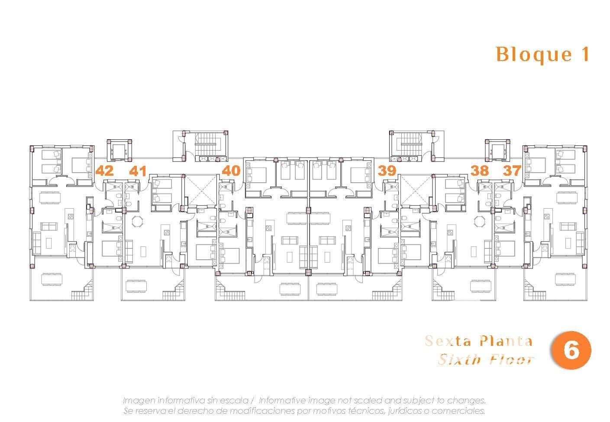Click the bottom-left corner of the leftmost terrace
point(30,300)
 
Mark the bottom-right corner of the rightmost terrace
point(587,300)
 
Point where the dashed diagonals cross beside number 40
point(201,190)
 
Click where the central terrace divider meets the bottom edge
point(309,300)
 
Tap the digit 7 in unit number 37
point(516,171)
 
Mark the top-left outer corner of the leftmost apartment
point(30,146)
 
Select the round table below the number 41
point(137,221)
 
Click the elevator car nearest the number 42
point(119,151)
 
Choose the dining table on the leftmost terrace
point(52,279)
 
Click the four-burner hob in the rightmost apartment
point(546,216)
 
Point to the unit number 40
point(231,171)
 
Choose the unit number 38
point(480,171)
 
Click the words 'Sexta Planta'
point(478,341)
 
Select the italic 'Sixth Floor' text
point(486,360)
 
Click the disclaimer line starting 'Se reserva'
point(304,411)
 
